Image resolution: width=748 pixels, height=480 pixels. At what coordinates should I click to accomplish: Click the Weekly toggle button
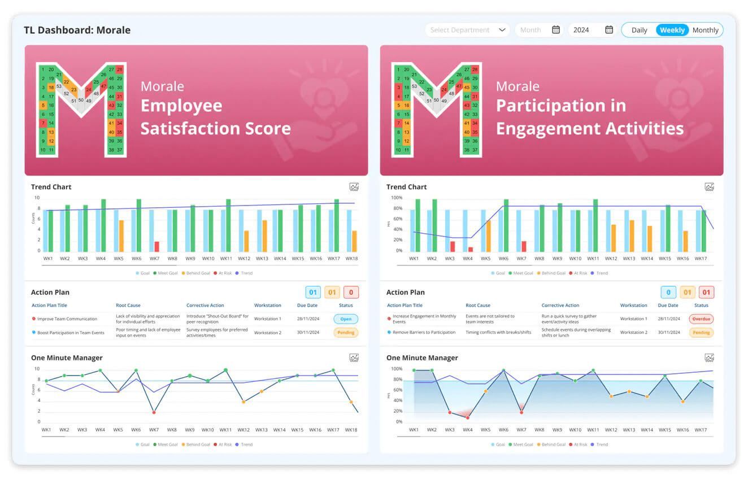tap(672, 30)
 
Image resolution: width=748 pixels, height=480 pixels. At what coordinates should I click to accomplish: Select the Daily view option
tap(639, 30)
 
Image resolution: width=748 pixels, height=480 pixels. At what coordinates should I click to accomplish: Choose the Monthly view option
tap(705, 30)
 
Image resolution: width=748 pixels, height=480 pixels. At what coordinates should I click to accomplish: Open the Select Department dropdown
tap(467, 30)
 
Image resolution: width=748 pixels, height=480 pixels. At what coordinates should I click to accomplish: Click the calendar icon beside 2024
tap(609, 30)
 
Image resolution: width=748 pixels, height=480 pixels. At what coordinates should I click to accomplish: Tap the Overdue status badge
tap(701, 319)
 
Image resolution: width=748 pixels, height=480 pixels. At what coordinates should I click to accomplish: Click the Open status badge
tap(346, 319)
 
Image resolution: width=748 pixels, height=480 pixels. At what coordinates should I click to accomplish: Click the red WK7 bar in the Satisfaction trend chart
tap(156, 246)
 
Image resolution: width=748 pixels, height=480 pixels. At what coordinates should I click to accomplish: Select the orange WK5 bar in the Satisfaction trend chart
tap(121, 235)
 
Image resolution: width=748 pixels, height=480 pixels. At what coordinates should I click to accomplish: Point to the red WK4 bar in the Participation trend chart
tap(471, 249)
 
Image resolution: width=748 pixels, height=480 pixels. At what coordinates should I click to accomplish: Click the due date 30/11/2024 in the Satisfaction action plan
tap(308, 333)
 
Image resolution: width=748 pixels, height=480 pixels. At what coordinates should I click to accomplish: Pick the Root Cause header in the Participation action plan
tap(478, 306)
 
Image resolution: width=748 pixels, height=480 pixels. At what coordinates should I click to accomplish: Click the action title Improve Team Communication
tap(67, 319)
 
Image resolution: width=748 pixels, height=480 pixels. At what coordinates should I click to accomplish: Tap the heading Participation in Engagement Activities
tap(589, 117)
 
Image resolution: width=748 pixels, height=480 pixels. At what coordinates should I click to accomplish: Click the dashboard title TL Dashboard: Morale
tap(77, 30)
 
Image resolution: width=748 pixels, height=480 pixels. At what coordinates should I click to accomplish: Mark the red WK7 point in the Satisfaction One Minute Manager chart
tap(154, 412)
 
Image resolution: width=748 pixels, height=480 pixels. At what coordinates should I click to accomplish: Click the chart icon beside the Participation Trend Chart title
tap(709, 187)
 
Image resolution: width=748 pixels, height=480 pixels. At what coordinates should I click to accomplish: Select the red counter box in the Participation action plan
tap(706, 292)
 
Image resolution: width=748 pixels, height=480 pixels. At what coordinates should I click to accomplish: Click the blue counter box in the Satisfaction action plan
tap(312, 292)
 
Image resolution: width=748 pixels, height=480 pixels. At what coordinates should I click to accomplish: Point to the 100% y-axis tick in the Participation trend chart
tap(396, 198)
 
